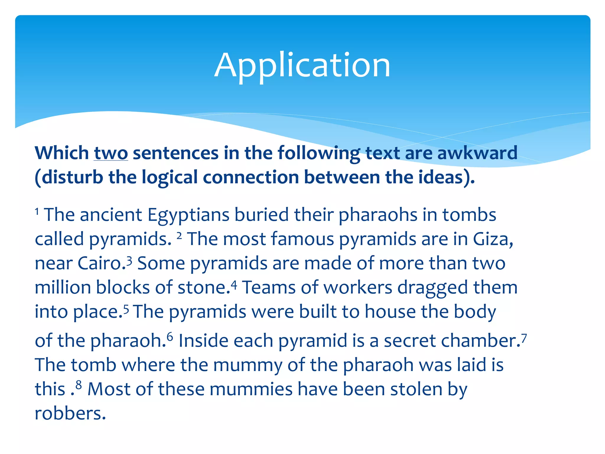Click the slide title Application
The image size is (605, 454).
pos(302,66)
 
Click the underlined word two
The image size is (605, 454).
pos(111,153)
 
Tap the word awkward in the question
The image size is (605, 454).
pos(477,153)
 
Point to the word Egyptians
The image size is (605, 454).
pos(188,215)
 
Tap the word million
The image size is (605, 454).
pos(63,287)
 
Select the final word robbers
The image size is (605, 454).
pos(70,414)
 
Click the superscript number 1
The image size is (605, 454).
pos(37,211)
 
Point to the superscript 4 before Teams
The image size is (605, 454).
pos(234,284)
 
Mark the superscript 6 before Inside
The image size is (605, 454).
pos(170,337)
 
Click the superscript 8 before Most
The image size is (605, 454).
pos(78,385)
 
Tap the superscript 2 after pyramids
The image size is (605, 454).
pos(179,236)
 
